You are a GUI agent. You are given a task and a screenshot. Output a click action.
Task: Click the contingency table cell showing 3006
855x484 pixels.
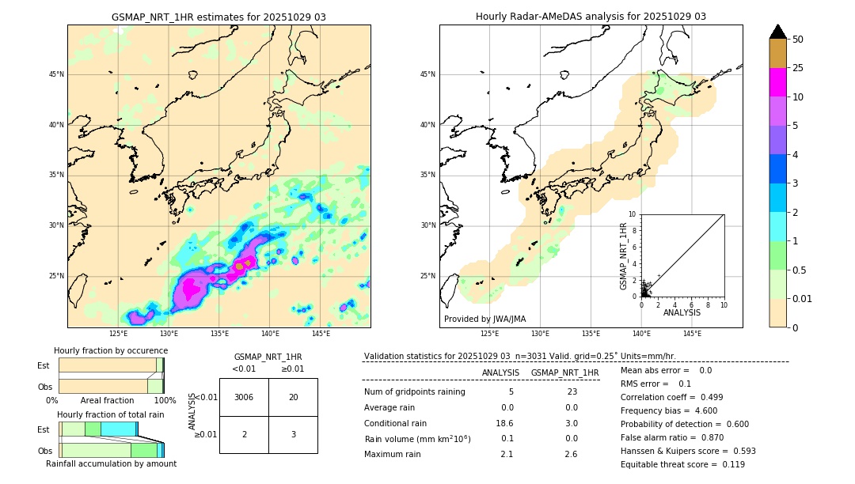click(244, 397)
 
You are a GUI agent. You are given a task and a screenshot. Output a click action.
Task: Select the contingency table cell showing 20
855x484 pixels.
click(293, 397)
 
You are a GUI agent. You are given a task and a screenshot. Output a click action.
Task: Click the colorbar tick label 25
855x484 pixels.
click(799, 68)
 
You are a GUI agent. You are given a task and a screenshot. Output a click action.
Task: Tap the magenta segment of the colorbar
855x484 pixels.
click(777, 82)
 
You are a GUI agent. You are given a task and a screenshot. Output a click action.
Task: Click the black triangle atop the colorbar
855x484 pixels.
click(777, 32)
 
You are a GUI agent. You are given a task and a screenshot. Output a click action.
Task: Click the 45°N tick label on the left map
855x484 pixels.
click(56, 74)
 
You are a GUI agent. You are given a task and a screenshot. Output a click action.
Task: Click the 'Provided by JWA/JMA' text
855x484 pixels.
click(484, 319)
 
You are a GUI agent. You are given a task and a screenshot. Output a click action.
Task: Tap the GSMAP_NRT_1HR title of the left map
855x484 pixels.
click(218, 17)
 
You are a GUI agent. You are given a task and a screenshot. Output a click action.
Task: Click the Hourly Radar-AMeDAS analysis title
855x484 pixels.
click(591, 17)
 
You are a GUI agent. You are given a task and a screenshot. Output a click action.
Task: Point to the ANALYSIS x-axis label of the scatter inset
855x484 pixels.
click(682, 313)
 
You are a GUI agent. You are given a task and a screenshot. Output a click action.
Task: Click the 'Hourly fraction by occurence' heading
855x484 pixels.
click(111, 350)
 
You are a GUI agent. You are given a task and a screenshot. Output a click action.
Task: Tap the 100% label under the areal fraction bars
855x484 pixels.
click(165, 401)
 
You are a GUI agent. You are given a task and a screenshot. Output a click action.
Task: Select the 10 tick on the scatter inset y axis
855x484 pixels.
click(633, 214)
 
